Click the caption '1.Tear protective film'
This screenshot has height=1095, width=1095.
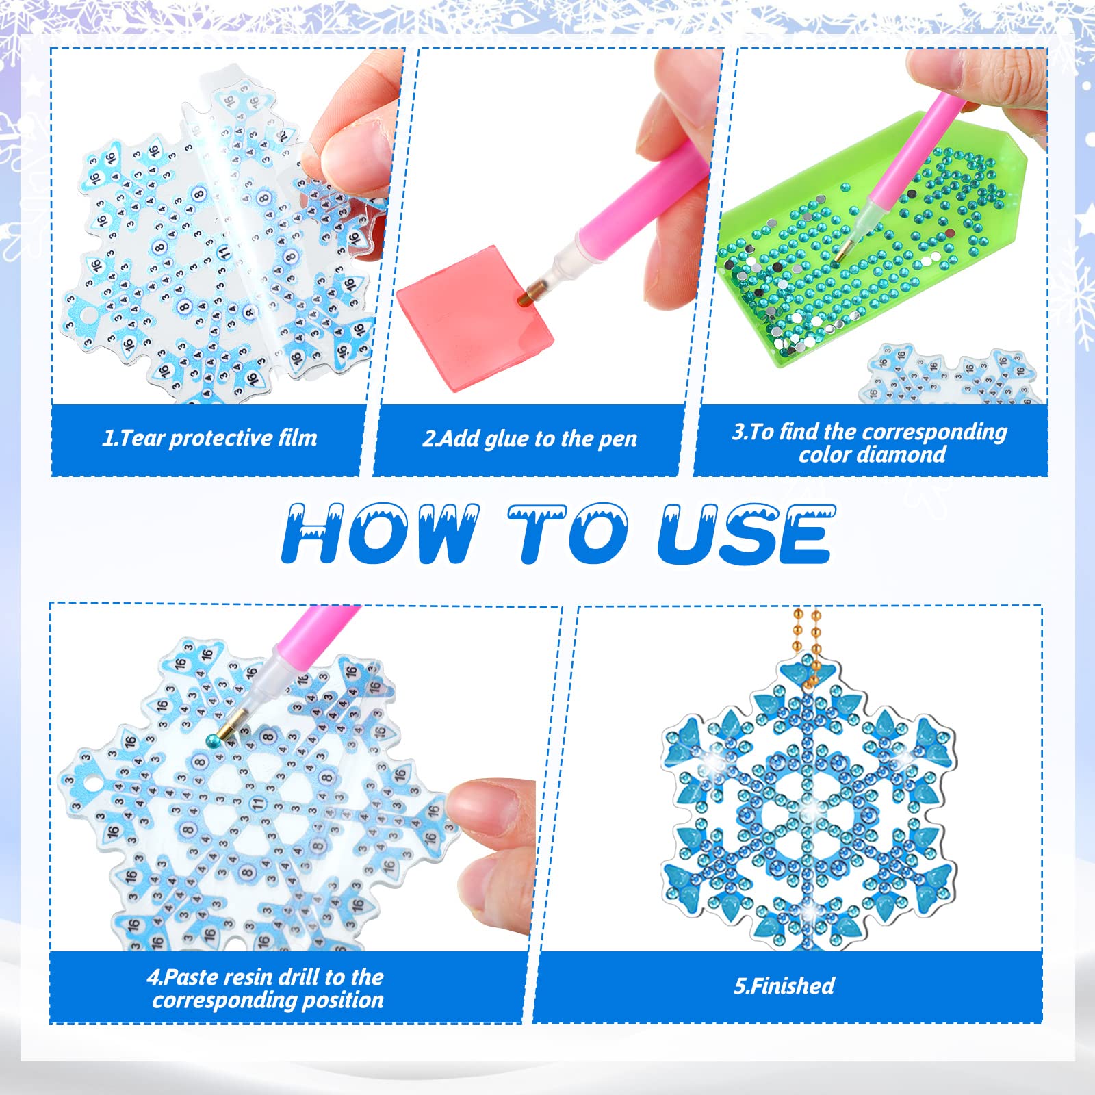click(x=210, y=438)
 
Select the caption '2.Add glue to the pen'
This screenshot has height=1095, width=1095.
click(x=530, y=439)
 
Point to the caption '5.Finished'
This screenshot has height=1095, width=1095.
click(x=784, y=985)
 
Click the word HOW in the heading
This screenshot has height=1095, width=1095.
click(x=381, y=533)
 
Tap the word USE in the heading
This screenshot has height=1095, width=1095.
click(x=746, y=534)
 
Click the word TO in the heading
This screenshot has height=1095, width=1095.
click(x=568, y=533)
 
